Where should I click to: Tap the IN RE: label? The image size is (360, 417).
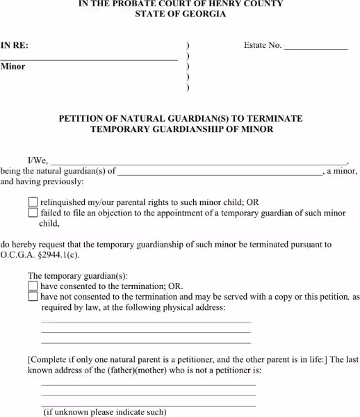point(15,46)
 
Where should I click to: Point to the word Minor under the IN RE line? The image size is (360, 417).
point(13,67)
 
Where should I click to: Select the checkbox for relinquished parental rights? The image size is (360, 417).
point(33,202)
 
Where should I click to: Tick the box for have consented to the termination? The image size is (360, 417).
point(33,286)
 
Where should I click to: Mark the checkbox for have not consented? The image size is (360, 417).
point(33,297)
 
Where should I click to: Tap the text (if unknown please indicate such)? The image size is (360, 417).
point(105,412)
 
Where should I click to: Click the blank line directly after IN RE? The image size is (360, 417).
point(104,60)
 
